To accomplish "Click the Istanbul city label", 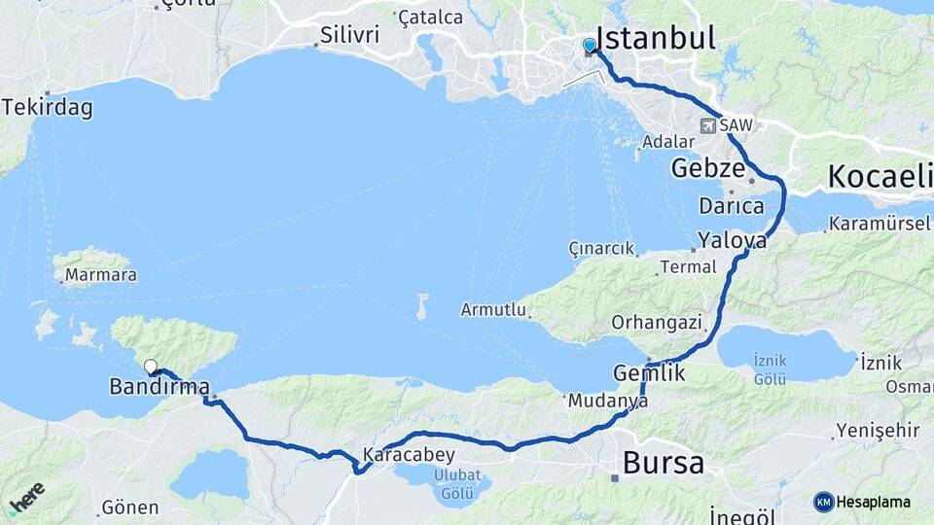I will click(x=656, y=39).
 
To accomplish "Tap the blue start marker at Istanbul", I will click(x=589, y=46).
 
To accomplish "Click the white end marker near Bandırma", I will click(x=150, y=367).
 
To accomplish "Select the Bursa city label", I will click(x=664, y=463).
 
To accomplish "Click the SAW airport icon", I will click(x=709, y=125).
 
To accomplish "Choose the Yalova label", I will click(x=732, y=240).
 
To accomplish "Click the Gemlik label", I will click(x=649, y=372).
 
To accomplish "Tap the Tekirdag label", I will click(x=48, y=108).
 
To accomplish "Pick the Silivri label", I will click(x=350, y=36).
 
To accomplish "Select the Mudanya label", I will click(x=608, y=400).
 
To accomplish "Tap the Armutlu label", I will click(x=494, y=310).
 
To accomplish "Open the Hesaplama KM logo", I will click(x=862, y=502).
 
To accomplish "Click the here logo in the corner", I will click(x=25, y=498).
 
